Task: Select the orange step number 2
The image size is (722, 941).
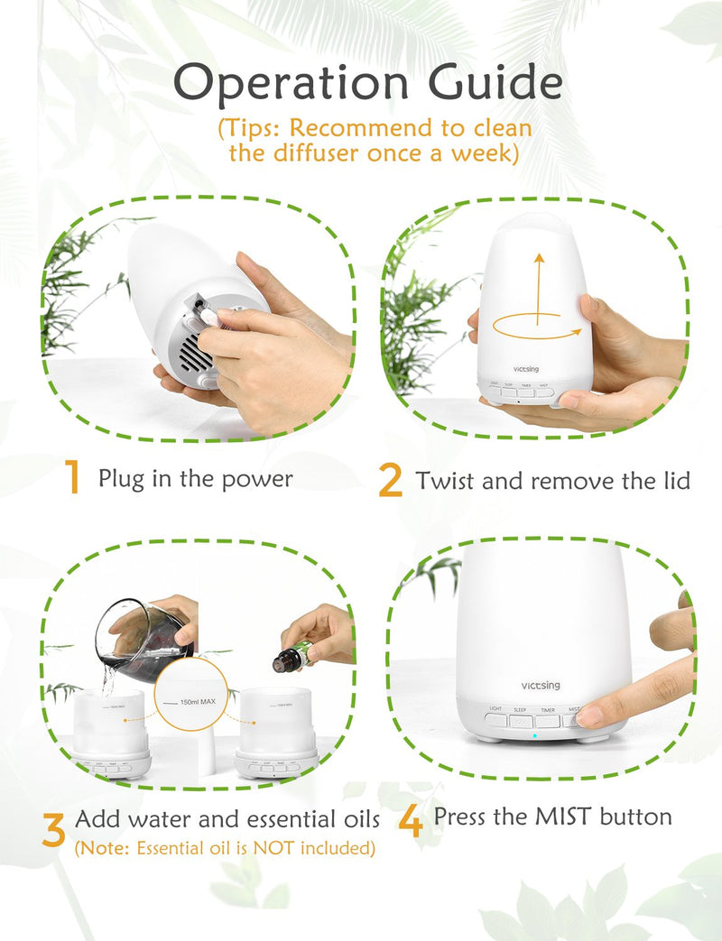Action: [390, 480]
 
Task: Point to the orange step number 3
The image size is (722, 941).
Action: [53, 830]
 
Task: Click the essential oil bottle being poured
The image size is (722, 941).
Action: [288, 658]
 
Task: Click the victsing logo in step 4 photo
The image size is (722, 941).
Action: [540, 686]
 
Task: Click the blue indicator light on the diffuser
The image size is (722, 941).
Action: [533, 736]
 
